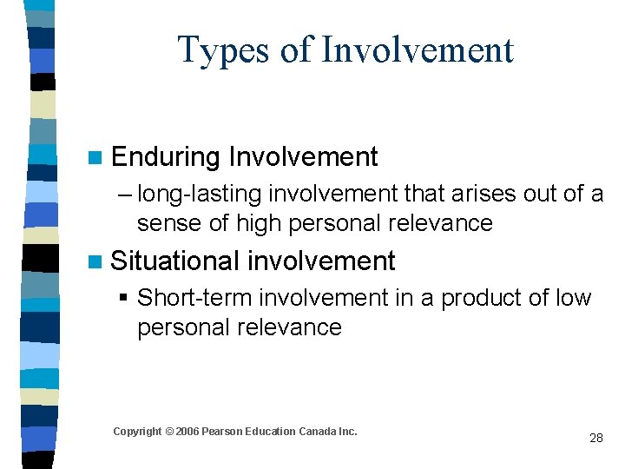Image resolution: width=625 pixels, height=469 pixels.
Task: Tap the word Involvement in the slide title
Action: [418, 50]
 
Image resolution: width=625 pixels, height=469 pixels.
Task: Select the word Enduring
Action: [166, 157]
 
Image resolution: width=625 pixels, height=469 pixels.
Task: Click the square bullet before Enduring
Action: [97, 158]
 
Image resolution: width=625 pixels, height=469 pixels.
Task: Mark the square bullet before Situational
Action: [97, 261]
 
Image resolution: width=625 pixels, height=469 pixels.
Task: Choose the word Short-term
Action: [194, 298]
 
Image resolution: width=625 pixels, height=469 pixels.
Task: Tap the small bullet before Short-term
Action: [122, 299]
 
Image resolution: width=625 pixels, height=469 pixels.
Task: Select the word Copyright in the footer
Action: [137, 432]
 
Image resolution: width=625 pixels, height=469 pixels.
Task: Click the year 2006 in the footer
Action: [188, 432]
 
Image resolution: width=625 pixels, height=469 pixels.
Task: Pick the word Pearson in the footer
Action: [223, 432]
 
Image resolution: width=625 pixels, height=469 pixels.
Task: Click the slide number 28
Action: [595, 438]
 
